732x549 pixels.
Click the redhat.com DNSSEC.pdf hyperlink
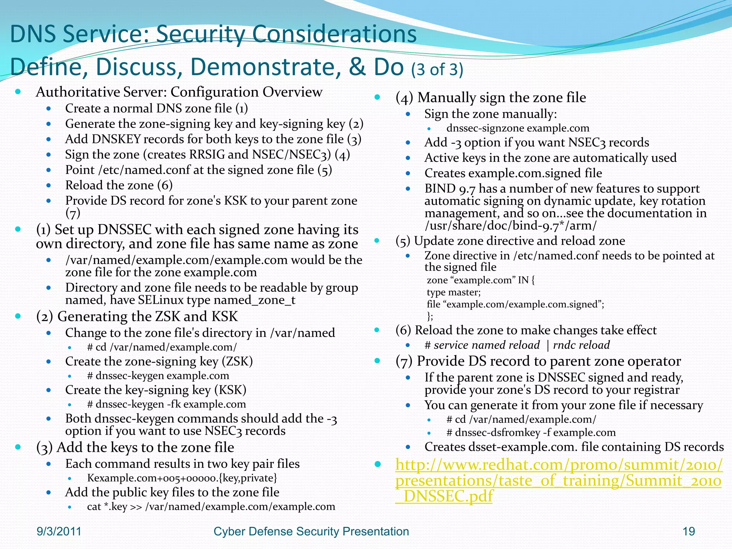pos(558,480)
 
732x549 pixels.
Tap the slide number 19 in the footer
pos(688,531)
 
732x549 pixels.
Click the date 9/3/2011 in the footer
pos(59,531)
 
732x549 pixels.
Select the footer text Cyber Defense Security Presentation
pos(311,531)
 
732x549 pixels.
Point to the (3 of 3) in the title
pos(437,69)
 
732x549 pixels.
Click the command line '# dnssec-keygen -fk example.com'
pos(166,404)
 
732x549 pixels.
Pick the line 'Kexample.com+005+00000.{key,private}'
pos(182,478)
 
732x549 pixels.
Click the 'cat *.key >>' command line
pos(211,506)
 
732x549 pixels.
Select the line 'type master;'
pos(454,292)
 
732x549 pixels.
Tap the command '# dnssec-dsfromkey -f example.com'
pos(531,432)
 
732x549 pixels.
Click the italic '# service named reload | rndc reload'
pos(517,345)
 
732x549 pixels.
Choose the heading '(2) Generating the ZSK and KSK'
pos(137,316)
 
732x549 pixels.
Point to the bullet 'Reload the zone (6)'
pos(119,185)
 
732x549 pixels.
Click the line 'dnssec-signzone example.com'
pos(518,128)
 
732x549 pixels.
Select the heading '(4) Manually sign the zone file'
pos(491,97)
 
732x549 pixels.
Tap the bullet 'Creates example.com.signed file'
pos(513,173)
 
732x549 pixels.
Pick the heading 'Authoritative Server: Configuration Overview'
pos(179,92)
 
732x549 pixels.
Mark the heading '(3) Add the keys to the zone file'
pos(135,447)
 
